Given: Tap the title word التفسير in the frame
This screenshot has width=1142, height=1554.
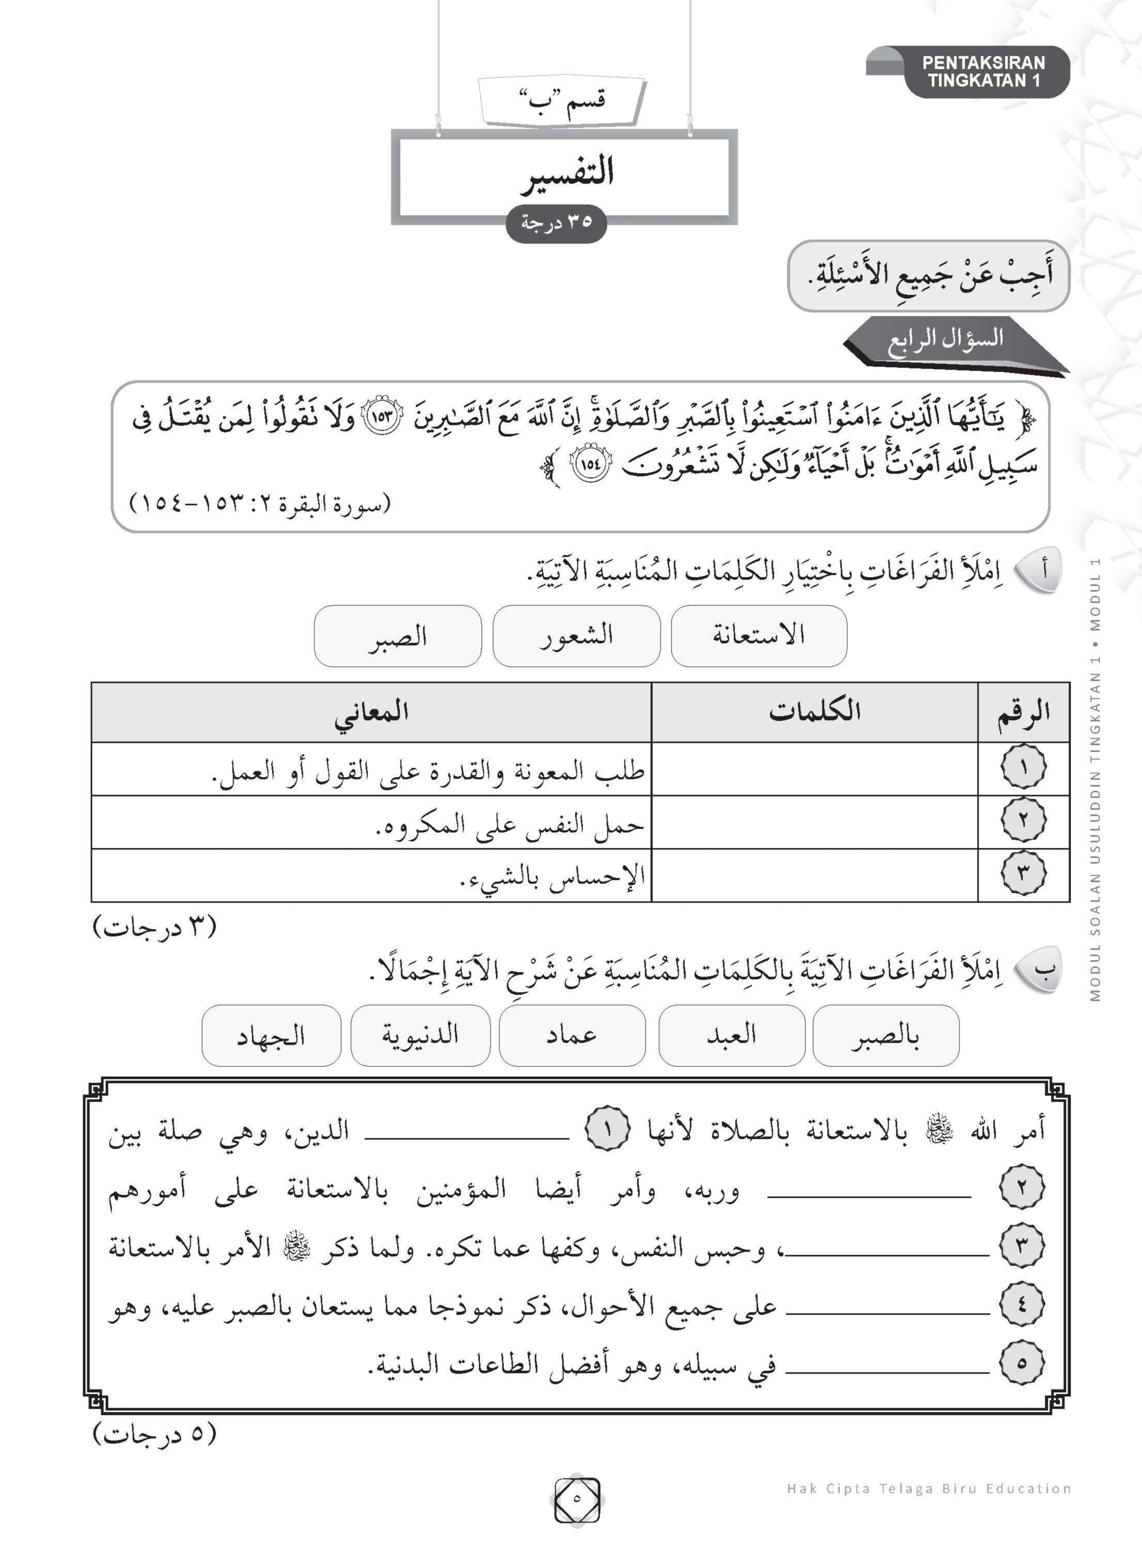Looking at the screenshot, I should point(567,173).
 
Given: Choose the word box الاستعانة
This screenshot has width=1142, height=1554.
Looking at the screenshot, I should point(758,635).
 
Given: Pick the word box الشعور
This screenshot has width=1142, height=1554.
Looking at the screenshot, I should point(576,635).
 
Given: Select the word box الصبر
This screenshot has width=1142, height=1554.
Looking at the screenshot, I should point(397,635).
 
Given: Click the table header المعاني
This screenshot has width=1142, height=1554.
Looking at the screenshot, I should point(371,712).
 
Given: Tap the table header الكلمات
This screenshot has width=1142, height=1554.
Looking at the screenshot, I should point(814,712).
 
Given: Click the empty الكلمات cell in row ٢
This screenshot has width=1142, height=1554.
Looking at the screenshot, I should point(814,822).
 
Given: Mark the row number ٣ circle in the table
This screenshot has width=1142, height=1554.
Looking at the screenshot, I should point(1023,875).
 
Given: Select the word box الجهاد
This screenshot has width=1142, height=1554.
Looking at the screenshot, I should point(271,1035).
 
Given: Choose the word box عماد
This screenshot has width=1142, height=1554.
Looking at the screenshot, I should point(572,1035).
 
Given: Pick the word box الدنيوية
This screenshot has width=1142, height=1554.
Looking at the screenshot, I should point(420,1035).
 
